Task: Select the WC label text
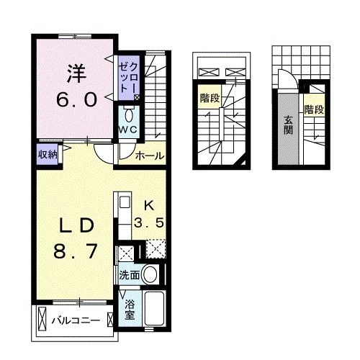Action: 128,130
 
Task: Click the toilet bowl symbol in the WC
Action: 129,115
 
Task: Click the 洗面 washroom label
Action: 128,275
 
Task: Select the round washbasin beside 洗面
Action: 150,274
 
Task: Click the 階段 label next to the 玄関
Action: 313,109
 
